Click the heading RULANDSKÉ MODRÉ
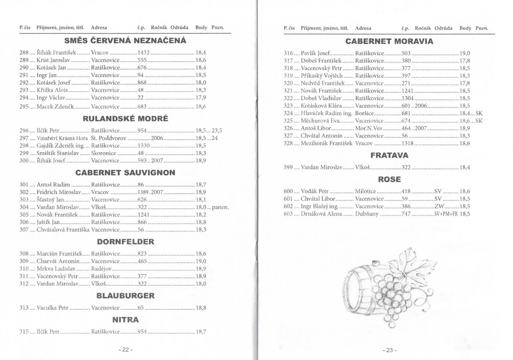[125, 119]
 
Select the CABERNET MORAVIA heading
[389, 41]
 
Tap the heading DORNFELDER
[125, 242]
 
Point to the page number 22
[125, 350]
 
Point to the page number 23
[390, 350]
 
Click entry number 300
[24, 160]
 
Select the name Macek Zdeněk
[51, 107]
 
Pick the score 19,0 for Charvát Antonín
[201, 261]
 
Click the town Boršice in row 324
[364, 114]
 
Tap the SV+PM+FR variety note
[446, 214]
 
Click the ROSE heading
[389, 180]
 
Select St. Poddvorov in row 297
[109, 138]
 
